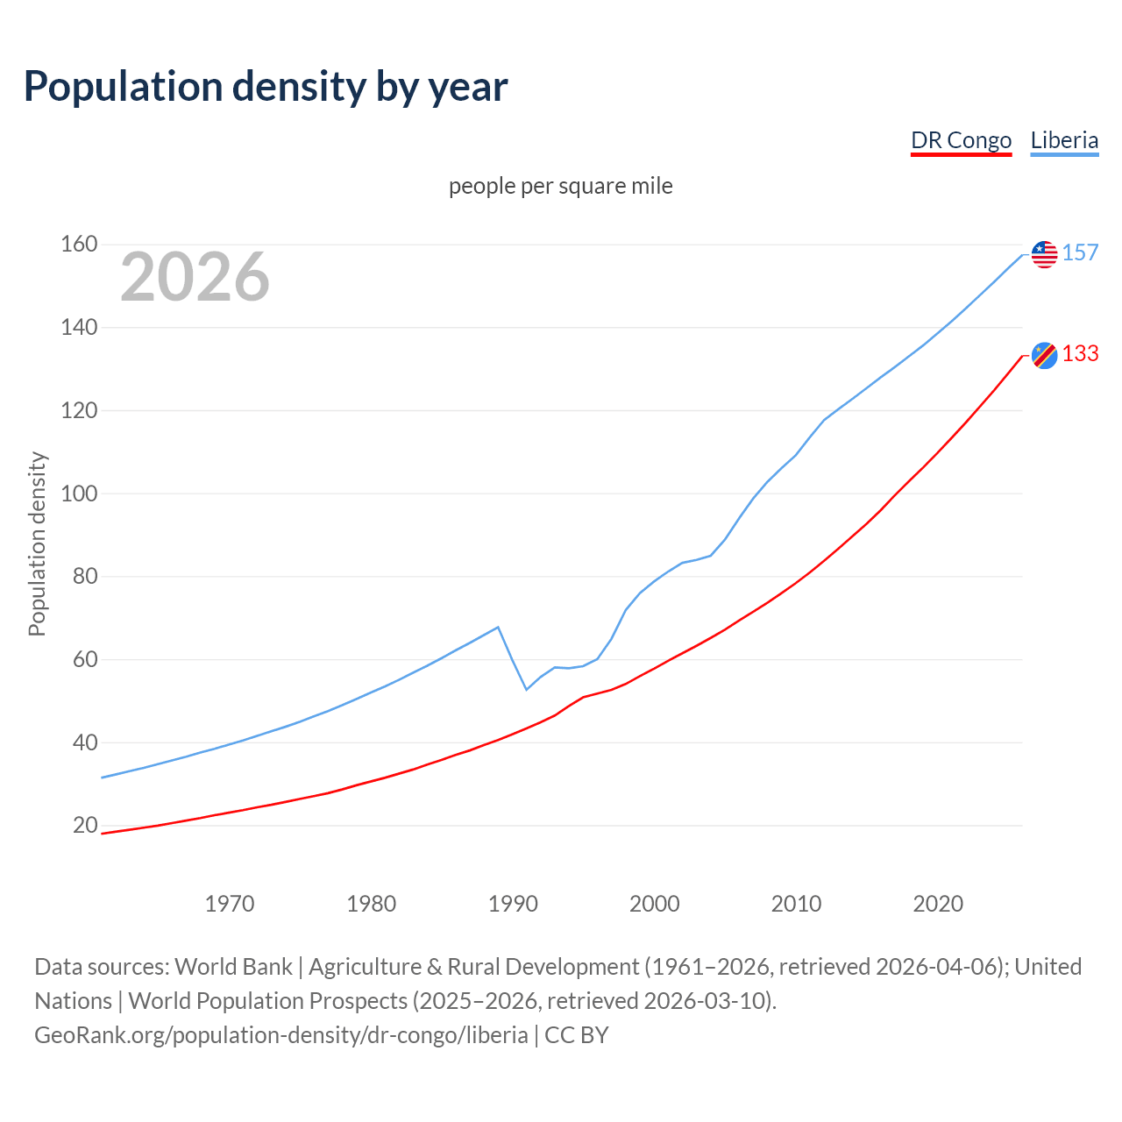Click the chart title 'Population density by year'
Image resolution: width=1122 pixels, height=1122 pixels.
point(266,87)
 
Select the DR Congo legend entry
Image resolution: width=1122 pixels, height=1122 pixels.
point(961,140)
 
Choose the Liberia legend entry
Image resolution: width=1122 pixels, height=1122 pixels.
point(1064,140)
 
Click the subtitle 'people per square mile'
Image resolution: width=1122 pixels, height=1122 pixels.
point(560,186)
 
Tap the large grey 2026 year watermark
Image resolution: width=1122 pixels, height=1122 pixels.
point(195,277)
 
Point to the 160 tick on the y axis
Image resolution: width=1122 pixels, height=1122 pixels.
point(79,244)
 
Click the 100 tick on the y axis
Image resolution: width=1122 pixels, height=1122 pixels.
point(79,493)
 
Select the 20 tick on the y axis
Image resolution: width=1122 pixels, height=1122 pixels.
point(85,825)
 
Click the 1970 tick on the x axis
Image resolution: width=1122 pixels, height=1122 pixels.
point(230,904)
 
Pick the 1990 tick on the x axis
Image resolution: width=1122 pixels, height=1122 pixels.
point(513,904)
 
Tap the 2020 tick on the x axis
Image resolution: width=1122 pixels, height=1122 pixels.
point(938,904)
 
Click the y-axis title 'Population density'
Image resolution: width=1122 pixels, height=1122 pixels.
point(37,543)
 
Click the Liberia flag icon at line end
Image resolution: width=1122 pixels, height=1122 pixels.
point(1044,254)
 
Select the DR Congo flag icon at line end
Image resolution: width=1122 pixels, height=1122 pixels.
point(1044,355)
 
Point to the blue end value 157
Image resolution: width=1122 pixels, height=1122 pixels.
point(1080,252)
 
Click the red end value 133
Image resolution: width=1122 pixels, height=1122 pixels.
point(1080,353)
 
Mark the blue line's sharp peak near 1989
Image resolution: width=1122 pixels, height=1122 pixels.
point(498,627)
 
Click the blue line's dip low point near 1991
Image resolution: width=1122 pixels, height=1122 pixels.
point(527,689)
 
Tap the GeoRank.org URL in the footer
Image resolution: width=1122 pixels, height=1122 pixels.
point(280,1035)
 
